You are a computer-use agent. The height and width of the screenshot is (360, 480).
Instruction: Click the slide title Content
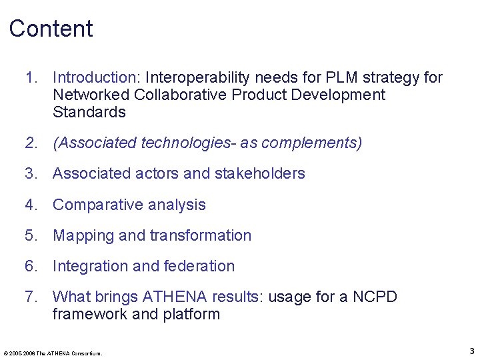[51, 29]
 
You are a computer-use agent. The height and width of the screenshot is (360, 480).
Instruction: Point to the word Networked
[91, 95]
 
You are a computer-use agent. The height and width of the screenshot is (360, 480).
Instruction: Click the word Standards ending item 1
[89, 112]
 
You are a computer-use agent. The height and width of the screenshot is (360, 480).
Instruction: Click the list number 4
[31, 205]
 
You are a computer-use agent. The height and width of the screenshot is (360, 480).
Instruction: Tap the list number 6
[31, 266]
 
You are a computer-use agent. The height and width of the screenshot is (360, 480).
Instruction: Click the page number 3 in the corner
[471, 351]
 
